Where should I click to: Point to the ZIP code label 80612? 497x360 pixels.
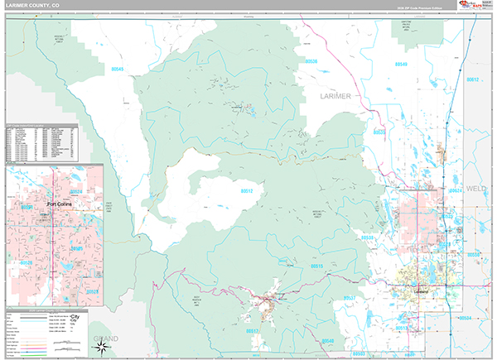[472, 79]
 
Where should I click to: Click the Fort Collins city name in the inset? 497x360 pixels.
[60, 204]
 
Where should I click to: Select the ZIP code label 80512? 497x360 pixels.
[246, 191]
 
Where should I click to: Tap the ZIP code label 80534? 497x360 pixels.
[466, 317]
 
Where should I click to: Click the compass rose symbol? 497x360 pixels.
[100, 346]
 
